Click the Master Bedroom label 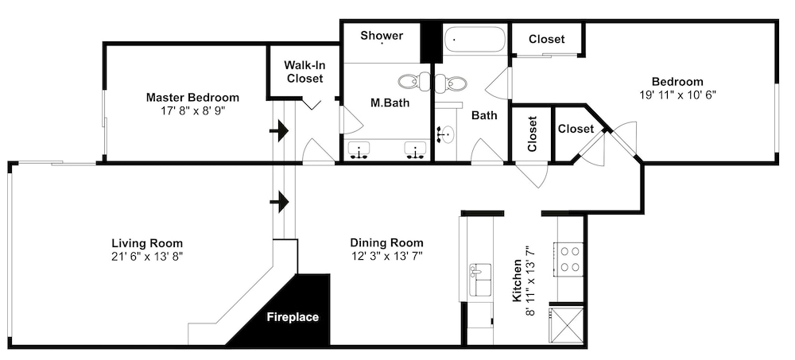coord(192,98)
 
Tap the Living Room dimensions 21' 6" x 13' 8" coord(147,256)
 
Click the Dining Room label coord(386,243)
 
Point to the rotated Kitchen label coord(518,281)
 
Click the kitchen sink coord(479,280)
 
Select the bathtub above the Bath coord(475,40)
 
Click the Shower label coord(382,36)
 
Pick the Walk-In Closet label coord(304,72)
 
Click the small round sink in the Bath coord(447,134)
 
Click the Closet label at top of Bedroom coord(547,39)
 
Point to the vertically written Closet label coord(532,134)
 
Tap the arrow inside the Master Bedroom coord(279,131)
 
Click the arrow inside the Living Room coord(279,202)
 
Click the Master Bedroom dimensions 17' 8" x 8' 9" coord(192,111)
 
